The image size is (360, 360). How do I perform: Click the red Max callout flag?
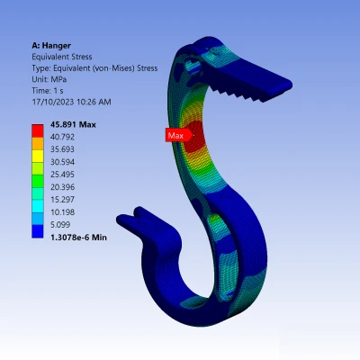(178, 135)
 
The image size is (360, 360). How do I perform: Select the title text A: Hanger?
(51, 46)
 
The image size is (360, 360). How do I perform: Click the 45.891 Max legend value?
(73, 124)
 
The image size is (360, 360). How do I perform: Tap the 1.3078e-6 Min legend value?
(78, 238)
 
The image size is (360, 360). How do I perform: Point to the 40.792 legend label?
(62, 137)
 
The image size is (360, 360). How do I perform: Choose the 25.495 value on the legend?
(62, 175)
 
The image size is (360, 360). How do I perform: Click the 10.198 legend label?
(62, 212)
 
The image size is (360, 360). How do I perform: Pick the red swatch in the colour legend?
(38, 130)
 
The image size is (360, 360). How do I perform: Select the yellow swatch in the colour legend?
(38, 156)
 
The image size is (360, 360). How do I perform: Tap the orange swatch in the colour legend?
(38, 143)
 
